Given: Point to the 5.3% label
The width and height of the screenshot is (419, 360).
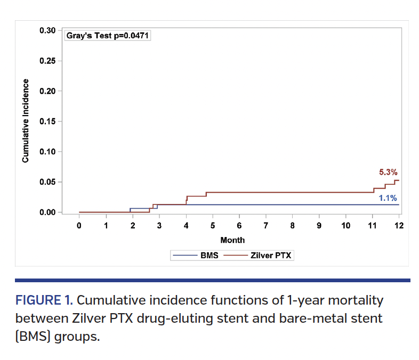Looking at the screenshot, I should click(x=388, y=172).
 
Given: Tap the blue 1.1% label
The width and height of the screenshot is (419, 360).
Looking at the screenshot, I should click(x=388, y=198).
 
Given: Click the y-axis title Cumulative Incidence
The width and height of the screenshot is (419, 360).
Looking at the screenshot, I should click(x=25, y=121).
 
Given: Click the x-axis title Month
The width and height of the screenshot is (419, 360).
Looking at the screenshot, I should click(x=232, y=240).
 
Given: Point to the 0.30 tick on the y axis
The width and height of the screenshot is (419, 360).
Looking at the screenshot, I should click(x=47, y=30).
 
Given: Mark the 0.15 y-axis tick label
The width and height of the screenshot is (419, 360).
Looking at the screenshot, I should click(x=47, y=121).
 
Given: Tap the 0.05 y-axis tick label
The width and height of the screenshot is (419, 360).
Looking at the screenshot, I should click(x=47, y=182).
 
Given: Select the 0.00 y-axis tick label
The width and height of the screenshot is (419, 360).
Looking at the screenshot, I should click(x=47, y=212).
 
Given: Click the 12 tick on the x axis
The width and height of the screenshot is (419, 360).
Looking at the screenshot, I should click(x=399, y=225).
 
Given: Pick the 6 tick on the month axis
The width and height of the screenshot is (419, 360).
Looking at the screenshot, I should click(x=239, y=225).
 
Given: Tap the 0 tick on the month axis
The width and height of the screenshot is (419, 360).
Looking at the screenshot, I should click(x=79, y=225).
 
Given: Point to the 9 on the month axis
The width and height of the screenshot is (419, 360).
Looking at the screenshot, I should click(x=319, y=225).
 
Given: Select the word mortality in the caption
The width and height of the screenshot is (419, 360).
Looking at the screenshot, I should click(x=352, y=300).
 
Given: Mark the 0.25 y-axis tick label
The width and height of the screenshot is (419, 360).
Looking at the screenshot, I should click(x=47, y=61).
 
